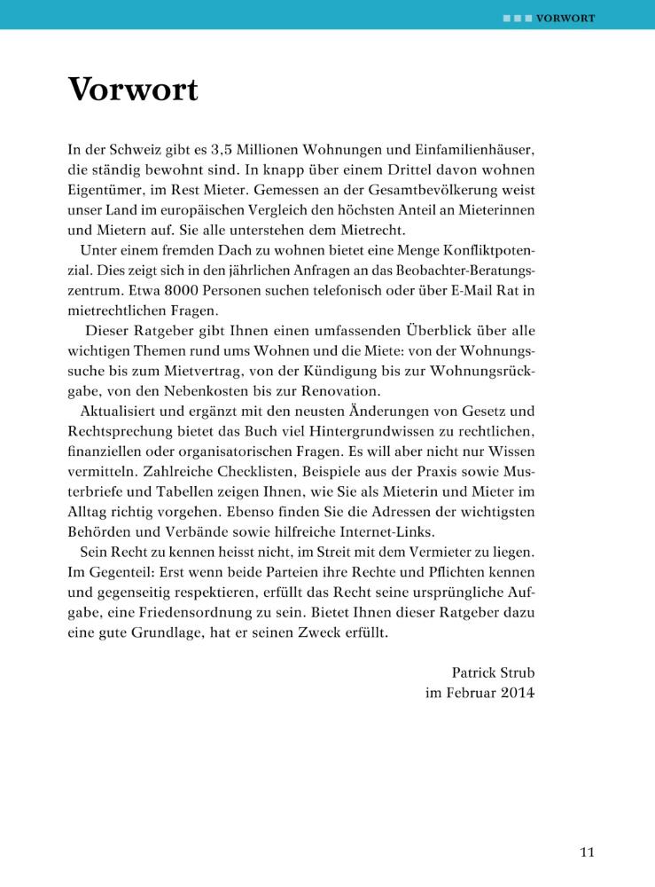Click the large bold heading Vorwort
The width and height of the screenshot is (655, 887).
(x=133, y=90)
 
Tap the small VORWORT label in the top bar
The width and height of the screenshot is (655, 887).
(x=565, y=18)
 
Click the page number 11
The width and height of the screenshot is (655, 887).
(x=587, y=853)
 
